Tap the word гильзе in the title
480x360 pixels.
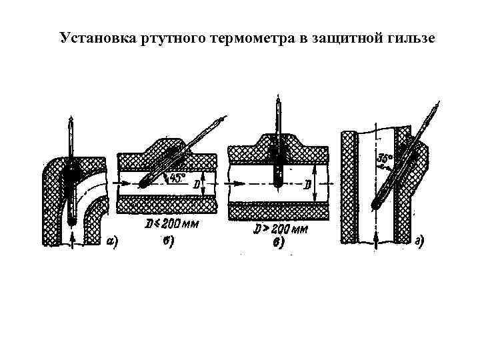411,37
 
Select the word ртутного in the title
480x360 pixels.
174,37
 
